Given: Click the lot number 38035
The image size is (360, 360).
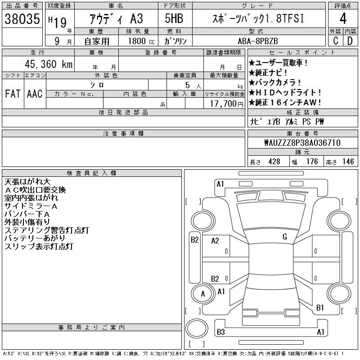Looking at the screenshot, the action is pyautogui.click(x=22, y=19).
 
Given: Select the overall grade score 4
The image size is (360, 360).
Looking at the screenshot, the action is pyautogui.click(x=343, y=18).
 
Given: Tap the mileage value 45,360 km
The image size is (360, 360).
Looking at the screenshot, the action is pyautogui.click(x=49, y=64).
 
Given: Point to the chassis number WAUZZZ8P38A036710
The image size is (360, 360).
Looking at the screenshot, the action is pyautogui.click(x=302, y=143).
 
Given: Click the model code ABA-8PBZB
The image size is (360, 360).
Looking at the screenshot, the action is pyautogui.click(x=258, y=41).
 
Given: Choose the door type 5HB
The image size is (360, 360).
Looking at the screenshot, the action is pyautogui.click(x=174, y=18).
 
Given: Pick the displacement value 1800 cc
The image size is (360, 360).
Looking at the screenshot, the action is pyautogui.click(x=141, y=41).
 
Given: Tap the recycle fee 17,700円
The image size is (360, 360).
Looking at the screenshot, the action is pyautogui.click(x=227, y=104).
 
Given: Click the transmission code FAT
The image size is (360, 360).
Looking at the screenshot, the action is pyautogui.click(x=13, y=94).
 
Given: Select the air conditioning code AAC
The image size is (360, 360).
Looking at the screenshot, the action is pyautogui.click(x=35, y=94).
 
